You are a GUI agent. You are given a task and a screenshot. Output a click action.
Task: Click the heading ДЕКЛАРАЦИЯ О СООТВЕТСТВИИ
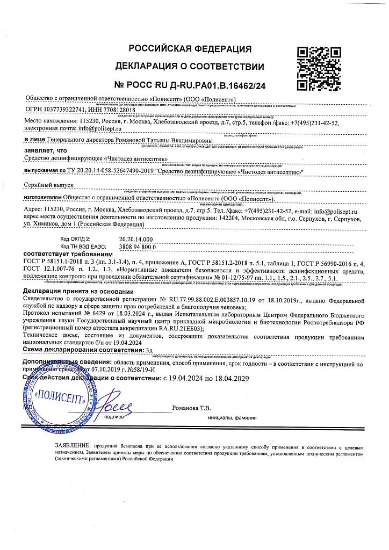190,67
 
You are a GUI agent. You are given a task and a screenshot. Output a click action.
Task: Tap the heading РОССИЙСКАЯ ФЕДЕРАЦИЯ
190,49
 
